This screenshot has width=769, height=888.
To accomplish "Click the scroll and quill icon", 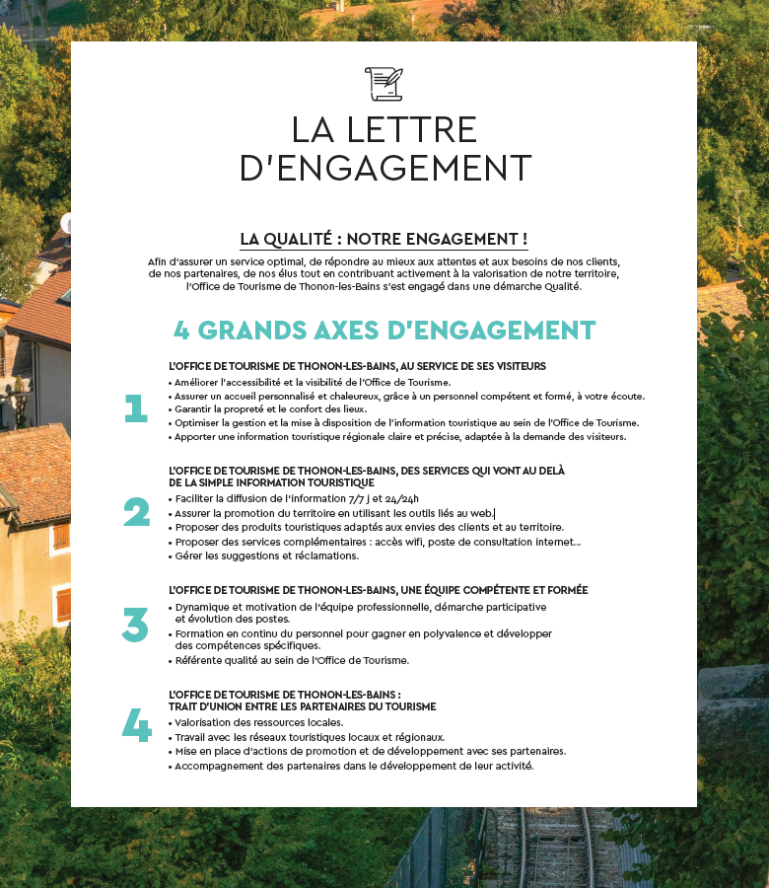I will pos(384,83).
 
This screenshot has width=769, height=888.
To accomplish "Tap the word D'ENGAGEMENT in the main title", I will pos(384,168).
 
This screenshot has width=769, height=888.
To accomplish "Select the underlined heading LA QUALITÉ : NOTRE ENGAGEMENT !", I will pos(384,240).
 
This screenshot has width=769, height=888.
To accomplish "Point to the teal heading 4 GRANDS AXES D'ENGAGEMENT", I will pos(384,330).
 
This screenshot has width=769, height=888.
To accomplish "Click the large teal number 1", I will pos(136,408).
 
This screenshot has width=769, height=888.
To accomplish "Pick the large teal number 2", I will pos(136,513).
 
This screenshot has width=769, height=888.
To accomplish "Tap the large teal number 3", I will pos(136,626).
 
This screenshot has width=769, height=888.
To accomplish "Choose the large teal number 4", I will pos(136,726).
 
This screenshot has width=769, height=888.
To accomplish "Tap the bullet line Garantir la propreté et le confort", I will pos(271,408).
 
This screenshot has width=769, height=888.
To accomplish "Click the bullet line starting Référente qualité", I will pos(292,660).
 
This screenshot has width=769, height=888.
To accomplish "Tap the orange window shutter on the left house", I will pos(61,537).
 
